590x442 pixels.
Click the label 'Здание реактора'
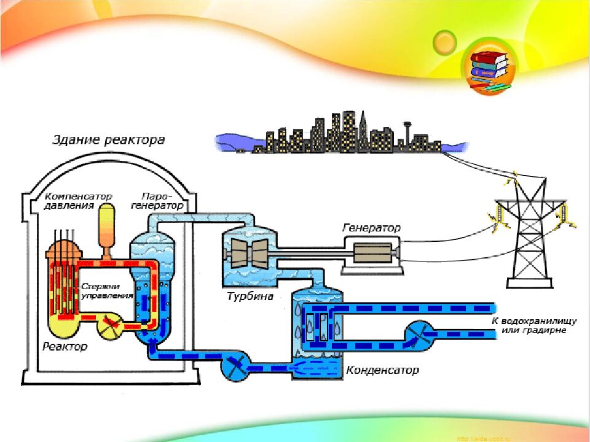(x=108, y=141)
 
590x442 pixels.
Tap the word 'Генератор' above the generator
(x=371, y=228)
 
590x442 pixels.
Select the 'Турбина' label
(x=249, y=297)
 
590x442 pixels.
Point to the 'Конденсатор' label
(x=382, y=370)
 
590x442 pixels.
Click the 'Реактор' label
(x=65, y=347)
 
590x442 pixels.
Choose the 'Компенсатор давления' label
(x=78, y=201)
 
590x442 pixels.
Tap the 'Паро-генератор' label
(x=158, y=201)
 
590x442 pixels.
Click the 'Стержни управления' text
(x=107, y=290)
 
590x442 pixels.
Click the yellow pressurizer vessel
(x=108, y=227)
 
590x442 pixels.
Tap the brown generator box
(x=370, y=252)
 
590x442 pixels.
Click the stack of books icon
(x=489, y=69)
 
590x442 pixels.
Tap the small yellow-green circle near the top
(x=444, y=42)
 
